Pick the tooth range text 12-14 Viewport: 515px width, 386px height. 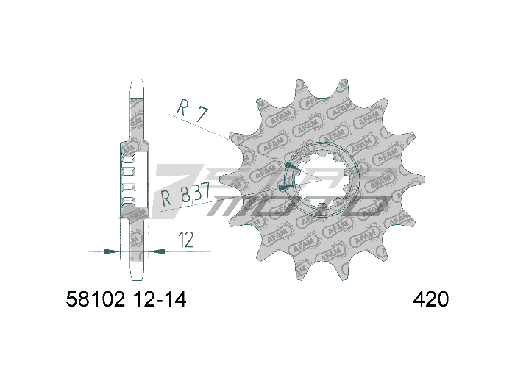161,300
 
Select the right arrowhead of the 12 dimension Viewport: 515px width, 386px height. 156,251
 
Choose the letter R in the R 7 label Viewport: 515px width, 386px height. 181,107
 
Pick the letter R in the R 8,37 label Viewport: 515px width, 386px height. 166,197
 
